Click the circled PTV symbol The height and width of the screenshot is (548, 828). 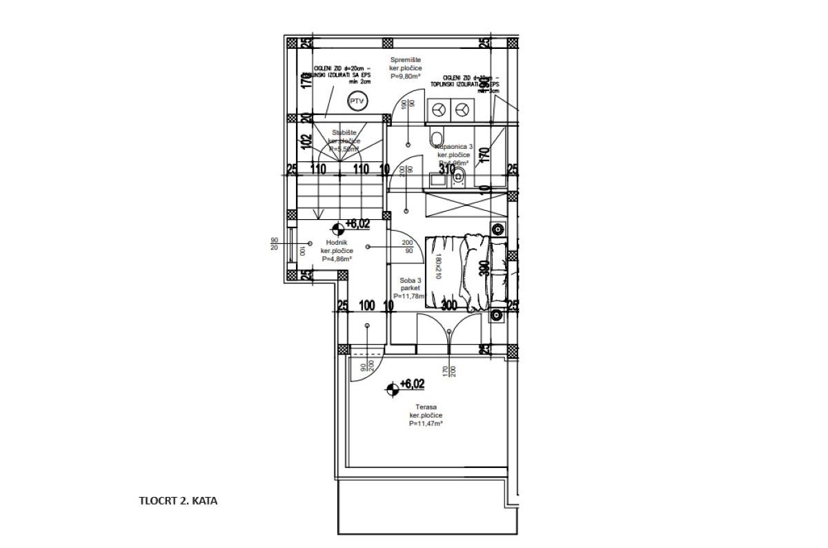point(357,101)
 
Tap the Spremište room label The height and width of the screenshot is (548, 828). point(401,60)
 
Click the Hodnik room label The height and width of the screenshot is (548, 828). point(336,243)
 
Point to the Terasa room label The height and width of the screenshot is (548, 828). point(425,407)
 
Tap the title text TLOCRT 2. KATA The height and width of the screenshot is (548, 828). point(178,501)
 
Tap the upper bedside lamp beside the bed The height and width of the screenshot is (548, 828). point(497,229)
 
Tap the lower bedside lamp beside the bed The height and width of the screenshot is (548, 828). point(497,316)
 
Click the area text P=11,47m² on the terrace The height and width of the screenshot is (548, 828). point(425,424)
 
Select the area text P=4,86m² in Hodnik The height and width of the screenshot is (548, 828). point(336,259)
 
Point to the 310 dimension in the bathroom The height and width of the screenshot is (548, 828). point(447,168)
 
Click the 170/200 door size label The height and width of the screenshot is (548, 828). point(449,372)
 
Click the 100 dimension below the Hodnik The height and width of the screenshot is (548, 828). point(367,305)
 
